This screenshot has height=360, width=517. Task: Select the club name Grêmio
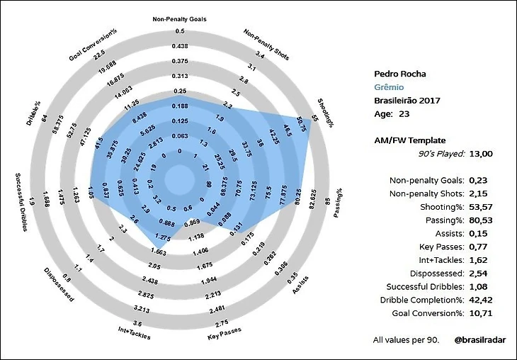coord(390,87)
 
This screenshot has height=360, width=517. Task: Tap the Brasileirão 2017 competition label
coord(407,100)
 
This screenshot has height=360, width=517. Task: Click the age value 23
coord(404,113)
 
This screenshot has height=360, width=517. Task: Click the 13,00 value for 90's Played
coord(482,153)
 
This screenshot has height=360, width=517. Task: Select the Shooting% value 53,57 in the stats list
coord(482,207)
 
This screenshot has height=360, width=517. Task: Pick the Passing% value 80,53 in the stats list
coord(482,220)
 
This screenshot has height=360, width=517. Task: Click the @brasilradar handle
coord(479,340)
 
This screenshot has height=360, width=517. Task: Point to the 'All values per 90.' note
coord(406,340)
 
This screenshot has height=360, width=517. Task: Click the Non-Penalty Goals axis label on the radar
coord(180,19)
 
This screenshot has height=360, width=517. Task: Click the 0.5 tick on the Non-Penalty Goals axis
coord(180,32)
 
